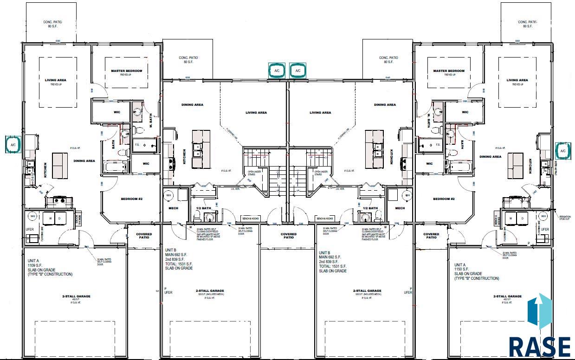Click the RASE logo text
point(540,346)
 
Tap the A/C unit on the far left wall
point(13,144)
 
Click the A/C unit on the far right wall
point(563,151)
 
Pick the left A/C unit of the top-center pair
point(277,71)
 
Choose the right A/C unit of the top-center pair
point(298,71)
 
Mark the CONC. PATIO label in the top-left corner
point(52,24)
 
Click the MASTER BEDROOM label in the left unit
point(126,71)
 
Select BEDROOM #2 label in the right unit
point(444,199)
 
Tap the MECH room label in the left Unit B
point(173,208)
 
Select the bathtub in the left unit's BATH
point(115,167)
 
